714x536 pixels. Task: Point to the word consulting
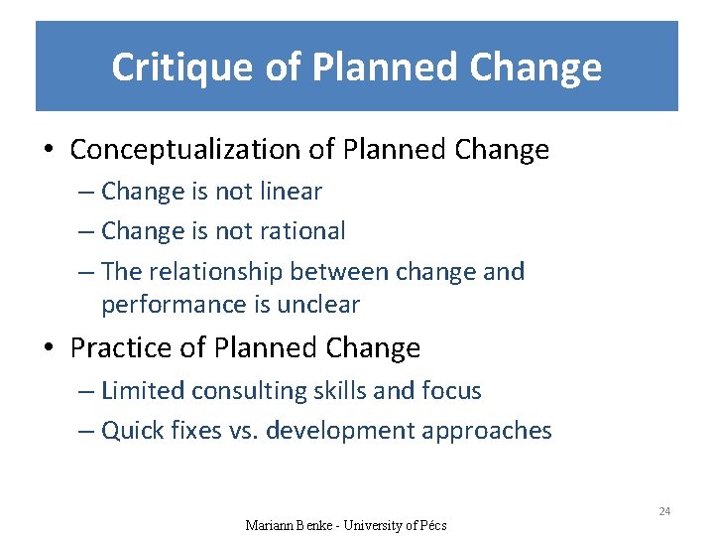(248, 391)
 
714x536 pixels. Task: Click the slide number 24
(664, 511)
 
